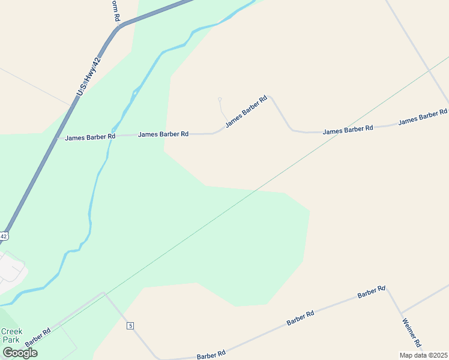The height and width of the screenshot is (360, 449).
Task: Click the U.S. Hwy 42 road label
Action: click(x=88, y=77)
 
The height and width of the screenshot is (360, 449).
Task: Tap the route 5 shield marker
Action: click(x=130, y=326)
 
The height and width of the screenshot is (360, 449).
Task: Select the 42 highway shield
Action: click(x=4, y=236)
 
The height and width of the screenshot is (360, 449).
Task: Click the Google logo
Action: click(x=20, y=352)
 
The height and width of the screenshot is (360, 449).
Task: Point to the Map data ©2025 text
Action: click(x=423, y=355)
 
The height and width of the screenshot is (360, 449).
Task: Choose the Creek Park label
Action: click(x=11, y=335)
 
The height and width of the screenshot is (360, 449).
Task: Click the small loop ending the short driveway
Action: click(x=220, y=99)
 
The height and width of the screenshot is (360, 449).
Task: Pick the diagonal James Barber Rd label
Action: click(x=246, y=112)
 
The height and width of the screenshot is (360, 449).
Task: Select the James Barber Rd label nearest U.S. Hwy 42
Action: click(x=90, y=137)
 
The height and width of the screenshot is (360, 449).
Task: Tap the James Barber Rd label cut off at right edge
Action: click(x=423, y=116)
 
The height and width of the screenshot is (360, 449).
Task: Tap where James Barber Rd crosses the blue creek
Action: click(x=113, y=136)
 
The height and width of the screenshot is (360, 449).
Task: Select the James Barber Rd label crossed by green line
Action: click(x=348, y=129)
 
